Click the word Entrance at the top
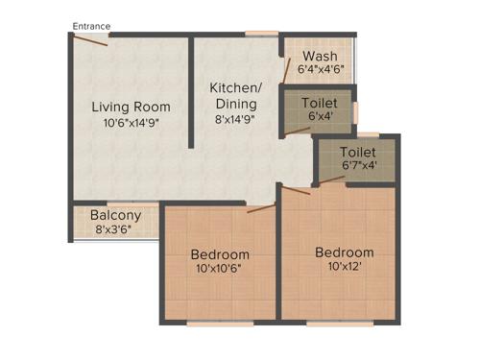[91, 26]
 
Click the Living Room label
[131, 107]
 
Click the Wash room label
[319, 56]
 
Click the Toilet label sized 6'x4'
[319, 103]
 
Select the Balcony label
[116, 216]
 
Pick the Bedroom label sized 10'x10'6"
[220, 254]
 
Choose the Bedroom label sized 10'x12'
[345, 252]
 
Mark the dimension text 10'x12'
[346, 268]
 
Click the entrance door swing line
[92, 41]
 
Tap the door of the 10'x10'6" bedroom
[260, 207]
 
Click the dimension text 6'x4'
[319, 117]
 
